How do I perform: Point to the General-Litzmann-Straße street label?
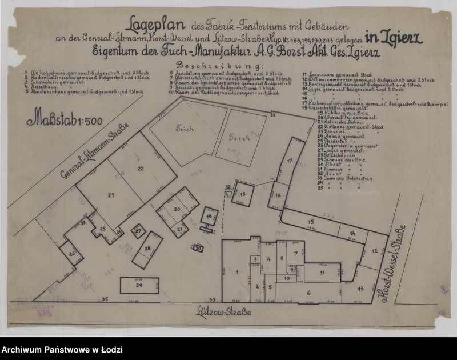tap(94, 151)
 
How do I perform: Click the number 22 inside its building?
tap(141, 168)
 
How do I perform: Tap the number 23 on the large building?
tap(111, 195)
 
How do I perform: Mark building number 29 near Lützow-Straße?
tap(139, 285)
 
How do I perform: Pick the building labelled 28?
tap(147, 249)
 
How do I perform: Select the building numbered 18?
tap(243, 195)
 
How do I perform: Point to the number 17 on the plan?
tap(290, 161)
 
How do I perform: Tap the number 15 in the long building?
tap(311, 222)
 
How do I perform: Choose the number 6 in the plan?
tap(309, 293)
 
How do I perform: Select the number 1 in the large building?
tap(236, 271)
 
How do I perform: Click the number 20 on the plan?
tap(177, 210)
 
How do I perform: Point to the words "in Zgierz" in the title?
tap(394, 39)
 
